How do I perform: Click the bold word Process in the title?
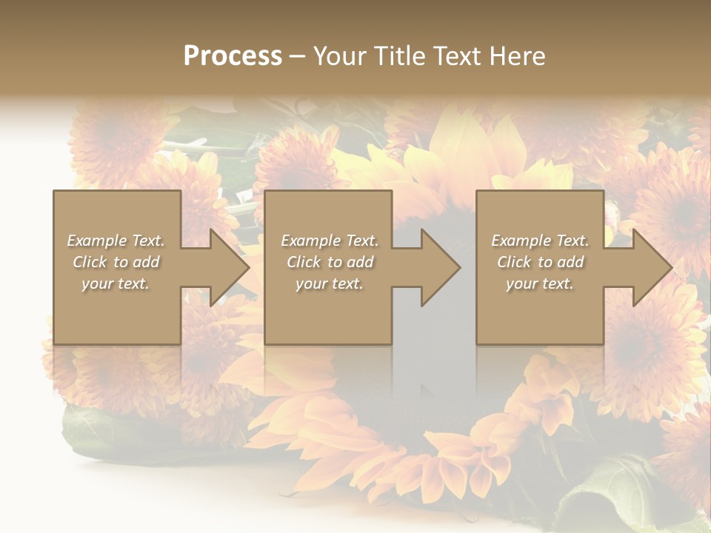coord(233,56)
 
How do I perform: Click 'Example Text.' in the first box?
coord(116,241)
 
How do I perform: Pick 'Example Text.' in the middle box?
coord(330,241)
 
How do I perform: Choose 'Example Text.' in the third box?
coord(540,241)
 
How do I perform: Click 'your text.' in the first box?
coord(116,284)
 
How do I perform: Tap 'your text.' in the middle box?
coord(330,284)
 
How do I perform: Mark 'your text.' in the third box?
coord(540,284)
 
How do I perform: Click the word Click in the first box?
coord(90,262)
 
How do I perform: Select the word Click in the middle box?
coord(304,262)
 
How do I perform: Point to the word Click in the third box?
coord(514,262)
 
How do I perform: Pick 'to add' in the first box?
coord(137,262)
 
